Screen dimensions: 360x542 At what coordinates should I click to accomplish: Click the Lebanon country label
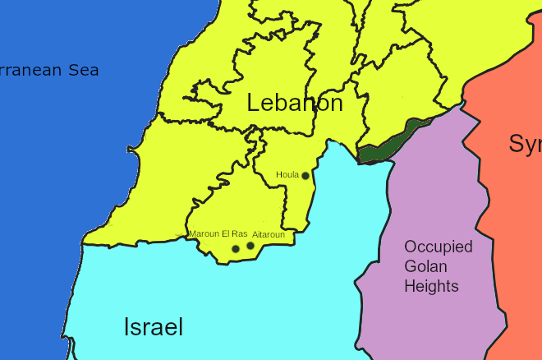[295, 104]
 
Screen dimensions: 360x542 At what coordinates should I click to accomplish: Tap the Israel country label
[154, 327]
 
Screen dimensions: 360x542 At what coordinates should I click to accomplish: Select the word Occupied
[439, 247]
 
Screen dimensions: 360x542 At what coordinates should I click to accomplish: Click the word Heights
[431, 286]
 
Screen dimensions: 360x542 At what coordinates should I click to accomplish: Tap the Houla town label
[287, 174]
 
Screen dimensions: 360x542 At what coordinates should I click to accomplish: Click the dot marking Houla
[305, 176]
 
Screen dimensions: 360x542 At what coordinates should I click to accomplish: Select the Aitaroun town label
[269, 234]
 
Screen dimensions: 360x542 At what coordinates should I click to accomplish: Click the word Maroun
[204, 233]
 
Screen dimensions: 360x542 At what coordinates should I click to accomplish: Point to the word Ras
[240, 233]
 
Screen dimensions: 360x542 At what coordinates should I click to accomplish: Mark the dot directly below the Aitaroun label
[250, 246]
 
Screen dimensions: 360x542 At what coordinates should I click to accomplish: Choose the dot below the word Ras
[236, 248]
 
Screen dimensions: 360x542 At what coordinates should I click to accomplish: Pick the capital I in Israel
[126, 327]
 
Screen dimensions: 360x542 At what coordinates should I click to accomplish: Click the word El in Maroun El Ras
[226, 233]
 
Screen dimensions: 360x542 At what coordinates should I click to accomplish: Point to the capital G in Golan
[409, 266]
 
